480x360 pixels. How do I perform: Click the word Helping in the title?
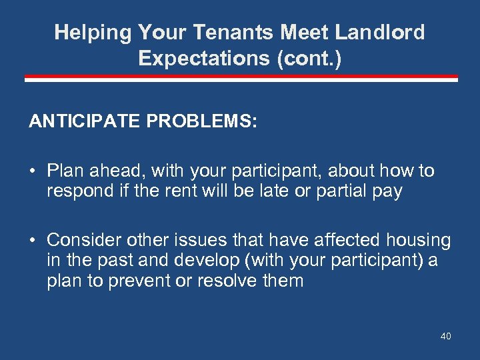tap(93, 33)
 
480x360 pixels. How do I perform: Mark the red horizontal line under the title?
tap(241, 79)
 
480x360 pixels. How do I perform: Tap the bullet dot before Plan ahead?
tap(32, 171)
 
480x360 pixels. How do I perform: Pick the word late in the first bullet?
tap(273, 191)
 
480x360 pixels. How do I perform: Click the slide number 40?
tap(445, 336)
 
